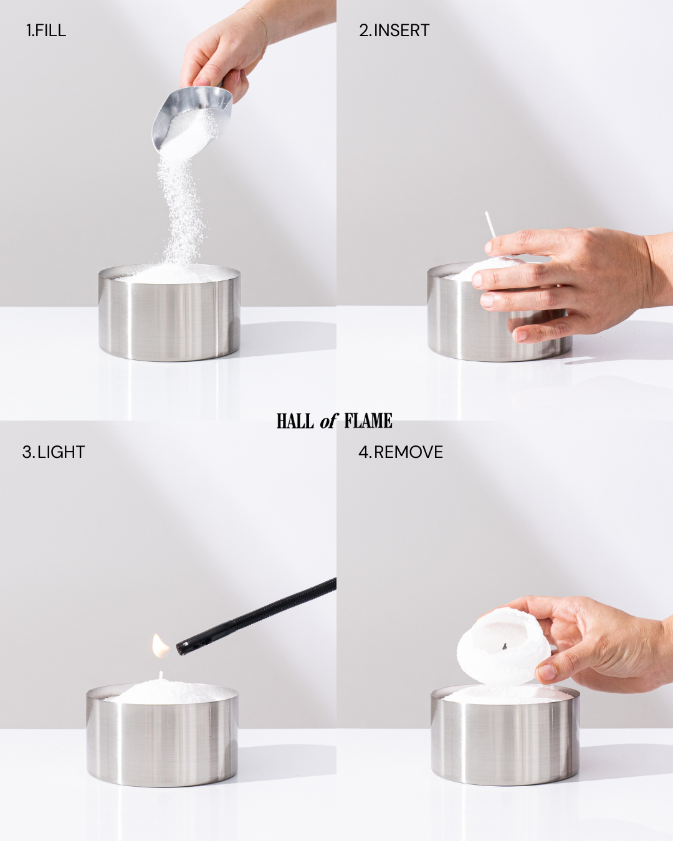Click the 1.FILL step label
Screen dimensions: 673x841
coord(46,31)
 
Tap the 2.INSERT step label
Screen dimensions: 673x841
coord(394,31)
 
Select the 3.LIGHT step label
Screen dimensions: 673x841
coord(54,452)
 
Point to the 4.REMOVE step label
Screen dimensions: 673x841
coord(401,452)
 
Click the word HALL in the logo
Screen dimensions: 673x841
coord(295,421)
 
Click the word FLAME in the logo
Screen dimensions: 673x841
coord(368,421)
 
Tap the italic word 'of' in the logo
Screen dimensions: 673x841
coord(328,421)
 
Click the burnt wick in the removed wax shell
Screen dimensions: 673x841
coord(504,648)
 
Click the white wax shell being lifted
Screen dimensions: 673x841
coord(504,647)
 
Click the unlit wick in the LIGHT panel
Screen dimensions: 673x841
coord(160,675)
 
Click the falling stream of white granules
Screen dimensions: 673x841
coord(181,207)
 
